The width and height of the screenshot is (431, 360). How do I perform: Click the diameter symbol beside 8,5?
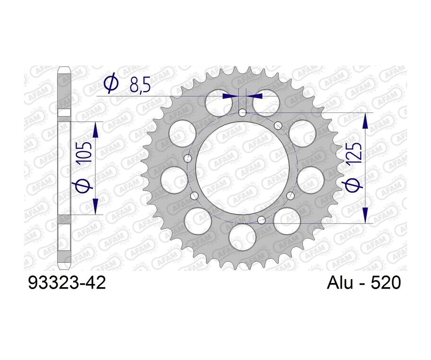pyautogui.click(x=111, y=85)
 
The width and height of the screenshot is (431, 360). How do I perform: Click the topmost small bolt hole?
pyautogui.click(x=242, y=113)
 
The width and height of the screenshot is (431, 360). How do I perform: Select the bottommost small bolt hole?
pyautogui.click(x=261, y=220)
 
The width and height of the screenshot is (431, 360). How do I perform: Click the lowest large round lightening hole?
pyautogui.click(x=239, y=237)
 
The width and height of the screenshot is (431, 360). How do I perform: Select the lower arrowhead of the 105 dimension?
pyautogui.click(x=95, y=206)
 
